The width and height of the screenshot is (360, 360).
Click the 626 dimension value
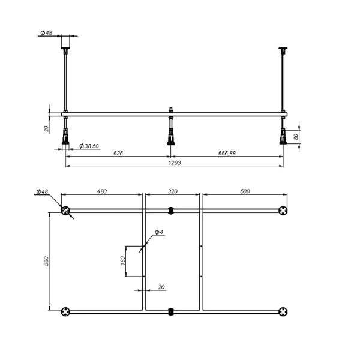(x=118, y=154)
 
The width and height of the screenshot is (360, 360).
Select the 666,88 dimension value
(x=227, y=154)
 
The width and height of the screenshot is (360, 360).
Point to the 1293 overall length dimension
(x=175, y=163)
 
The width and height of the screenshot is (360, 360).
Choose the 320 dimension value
(x=173, y=191)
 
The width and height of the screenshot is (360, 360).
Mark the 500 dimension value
(x=244, y=191)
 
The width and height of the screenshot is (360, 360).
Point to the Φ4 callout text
(x=159, y=232)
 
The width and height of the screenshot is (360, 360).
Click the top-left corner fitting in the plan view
(x=65, y=211)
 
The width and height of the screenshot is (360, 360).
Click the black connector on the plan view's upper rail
(x=171, y=211)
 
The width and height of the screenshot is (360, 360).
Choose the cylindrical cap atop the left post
(x=65, y=43)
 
